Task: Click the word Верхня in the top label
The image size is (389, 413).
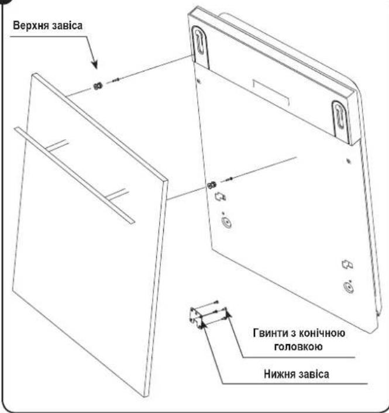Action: tap(30, 26)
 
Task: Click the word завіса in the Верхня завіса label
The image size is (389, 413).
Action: tap(67, 26)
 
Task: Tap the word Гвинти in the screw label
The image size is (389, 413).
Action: tap(270, 333)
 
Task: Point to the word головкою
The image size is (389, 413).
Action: tap(298, 346)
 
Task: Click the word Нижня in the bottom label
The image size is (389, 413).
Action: tap(280, 374)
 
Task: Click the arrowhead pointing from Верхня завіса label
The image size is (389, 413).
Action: tap(95, 64)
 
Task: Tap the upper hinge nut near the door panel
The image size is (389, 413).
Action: tap(98, 85)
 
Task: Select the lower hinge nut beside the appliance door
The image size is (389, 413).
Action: tap(212, 185)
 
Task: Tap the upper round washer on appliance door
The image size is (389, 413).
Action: tap(226, 223)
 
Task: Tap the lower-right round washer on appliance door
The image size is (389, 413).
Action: tap(349, 287)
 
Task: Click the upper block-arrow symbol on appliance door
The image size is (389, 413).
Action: tap(220, 197)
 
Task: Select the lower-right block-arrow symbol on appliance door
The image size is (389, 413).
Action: tap(347, 264)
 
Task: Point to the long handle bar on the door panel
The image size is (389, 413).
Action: tap(74, 175)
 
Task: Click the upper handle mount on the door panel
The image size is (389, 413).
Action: tap(58, 146)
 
